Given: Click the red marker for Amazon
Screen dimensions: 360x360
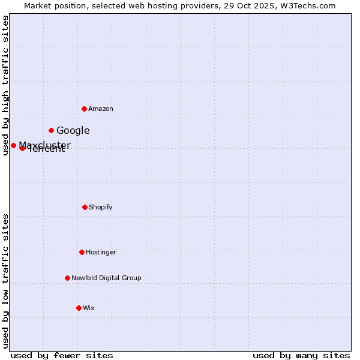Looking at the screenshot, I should point(84,109).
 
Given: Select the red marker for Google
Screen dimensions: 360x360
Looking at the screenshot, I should point(51,130).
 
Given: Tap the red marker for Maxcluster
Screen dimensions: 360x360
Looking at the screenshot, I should point(13,145).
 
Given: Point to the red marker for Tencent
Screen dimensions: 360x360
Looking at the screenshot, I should point(22,148).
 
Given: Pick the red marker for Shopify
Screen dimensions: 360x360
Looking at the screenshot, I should point(85,207).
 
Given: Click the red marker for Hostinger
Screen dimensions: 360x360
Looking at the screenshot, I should point(82,252).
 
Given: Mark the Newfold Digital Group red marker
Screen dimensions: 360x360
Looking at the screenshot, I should point(67,278).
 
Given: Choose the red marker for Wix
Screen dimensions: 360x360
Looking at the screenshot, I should point(79,308).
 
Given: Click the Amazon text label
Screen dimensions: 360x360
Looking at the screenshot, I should point(101,109).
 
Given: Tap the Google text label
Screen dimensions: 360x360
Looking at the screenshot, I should point(73,130).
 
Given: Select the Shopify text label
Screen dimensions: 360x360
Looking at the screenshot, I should point(101,207).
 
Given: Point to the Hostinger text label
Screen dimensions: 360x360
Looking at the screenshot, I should point(101,252).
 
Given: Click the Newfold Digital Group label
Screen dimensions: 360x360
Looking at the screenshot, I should point(106,278).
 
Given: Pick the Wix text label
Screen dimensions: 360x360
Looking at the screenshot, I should point(89,308).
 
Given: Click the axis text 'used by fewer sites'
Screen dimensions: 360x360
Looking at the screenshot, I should point(62,355).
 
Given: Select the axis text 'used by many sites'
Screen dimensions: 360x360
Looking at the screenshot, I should point(301,355).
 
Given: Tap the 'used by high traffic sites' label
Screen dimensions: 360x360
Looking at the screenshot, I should point(5,85).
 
